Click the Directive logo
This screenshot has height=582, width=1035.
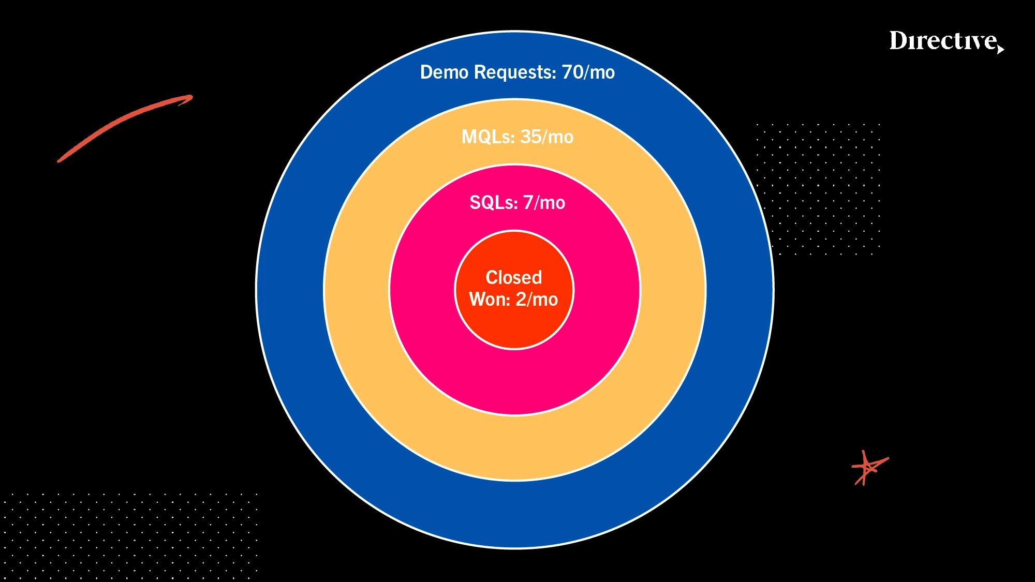945,41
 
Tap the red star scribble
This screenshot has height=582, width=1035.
869,468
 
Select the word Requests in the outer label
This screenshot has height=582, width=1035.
515,72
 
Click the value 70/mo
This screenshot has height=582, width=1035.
588,72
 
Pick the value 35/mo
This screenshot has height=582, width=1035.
547,137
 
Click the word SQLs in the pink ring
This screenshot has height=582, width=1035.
493,203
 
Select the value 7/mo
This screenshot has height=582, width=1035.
544,203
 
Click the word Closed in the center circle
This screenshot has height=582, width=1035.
513,278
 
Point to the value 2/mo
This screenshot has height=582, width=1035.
537,300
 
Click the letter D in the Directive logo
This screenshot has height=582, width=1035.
899,41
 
